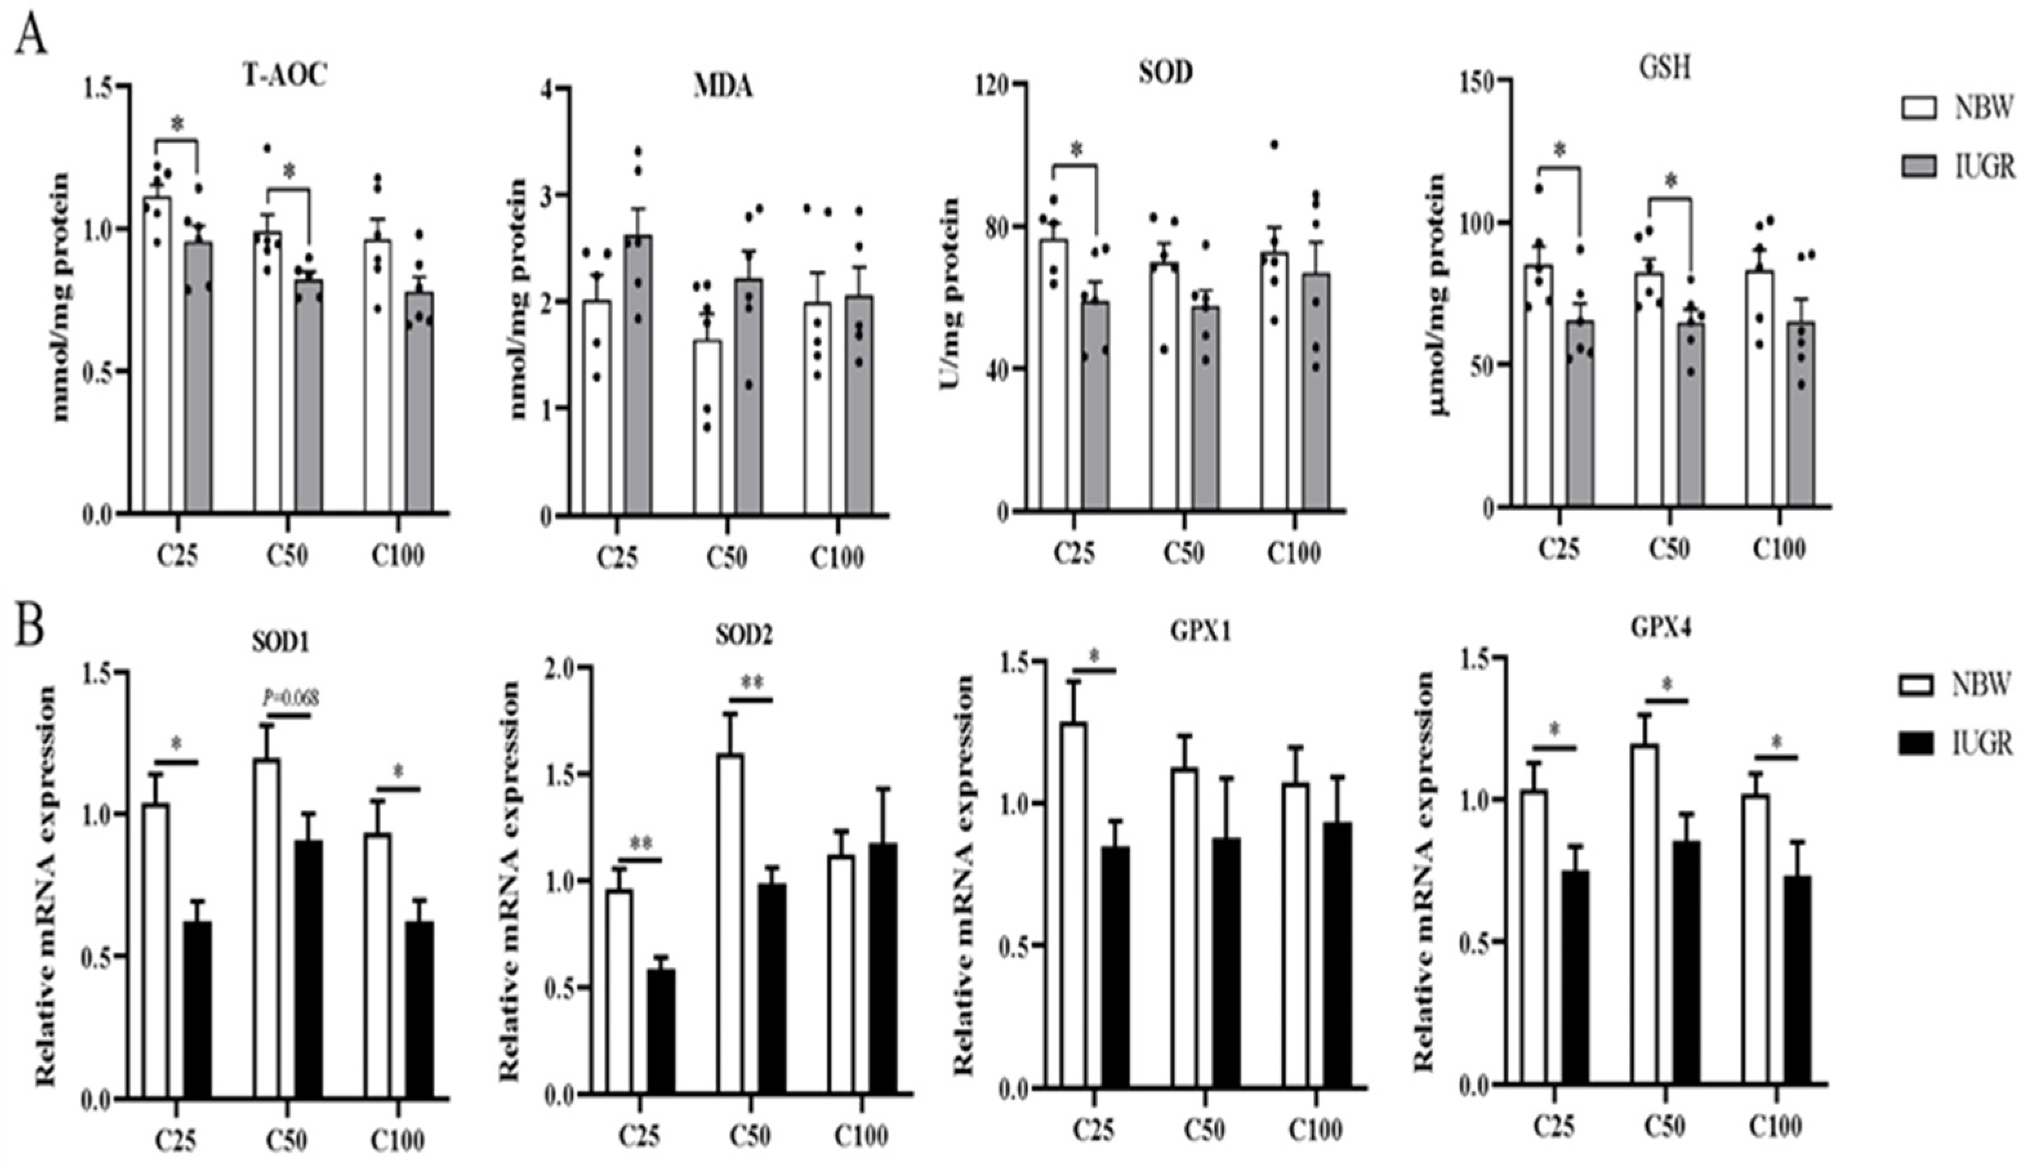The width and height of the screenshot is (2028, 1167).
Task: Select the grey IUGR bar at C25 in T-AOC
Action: pyautogui.click(x=198, y=377)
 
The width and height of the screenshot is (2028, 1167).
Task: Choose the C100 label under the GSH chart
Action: pyautogui.click(x=1778, y=550)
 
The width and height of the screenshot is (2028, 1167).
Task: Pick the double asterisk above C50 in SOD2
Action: pyautogui.click(x=751, y=683)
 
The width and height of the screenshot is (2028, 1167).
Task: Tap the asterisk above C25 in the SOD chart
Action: pyautogui.click(x=1076, y=150)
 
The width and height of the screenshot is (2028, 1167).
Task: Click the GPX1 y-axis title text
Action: pyautogui.click(x=964, y=874)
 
